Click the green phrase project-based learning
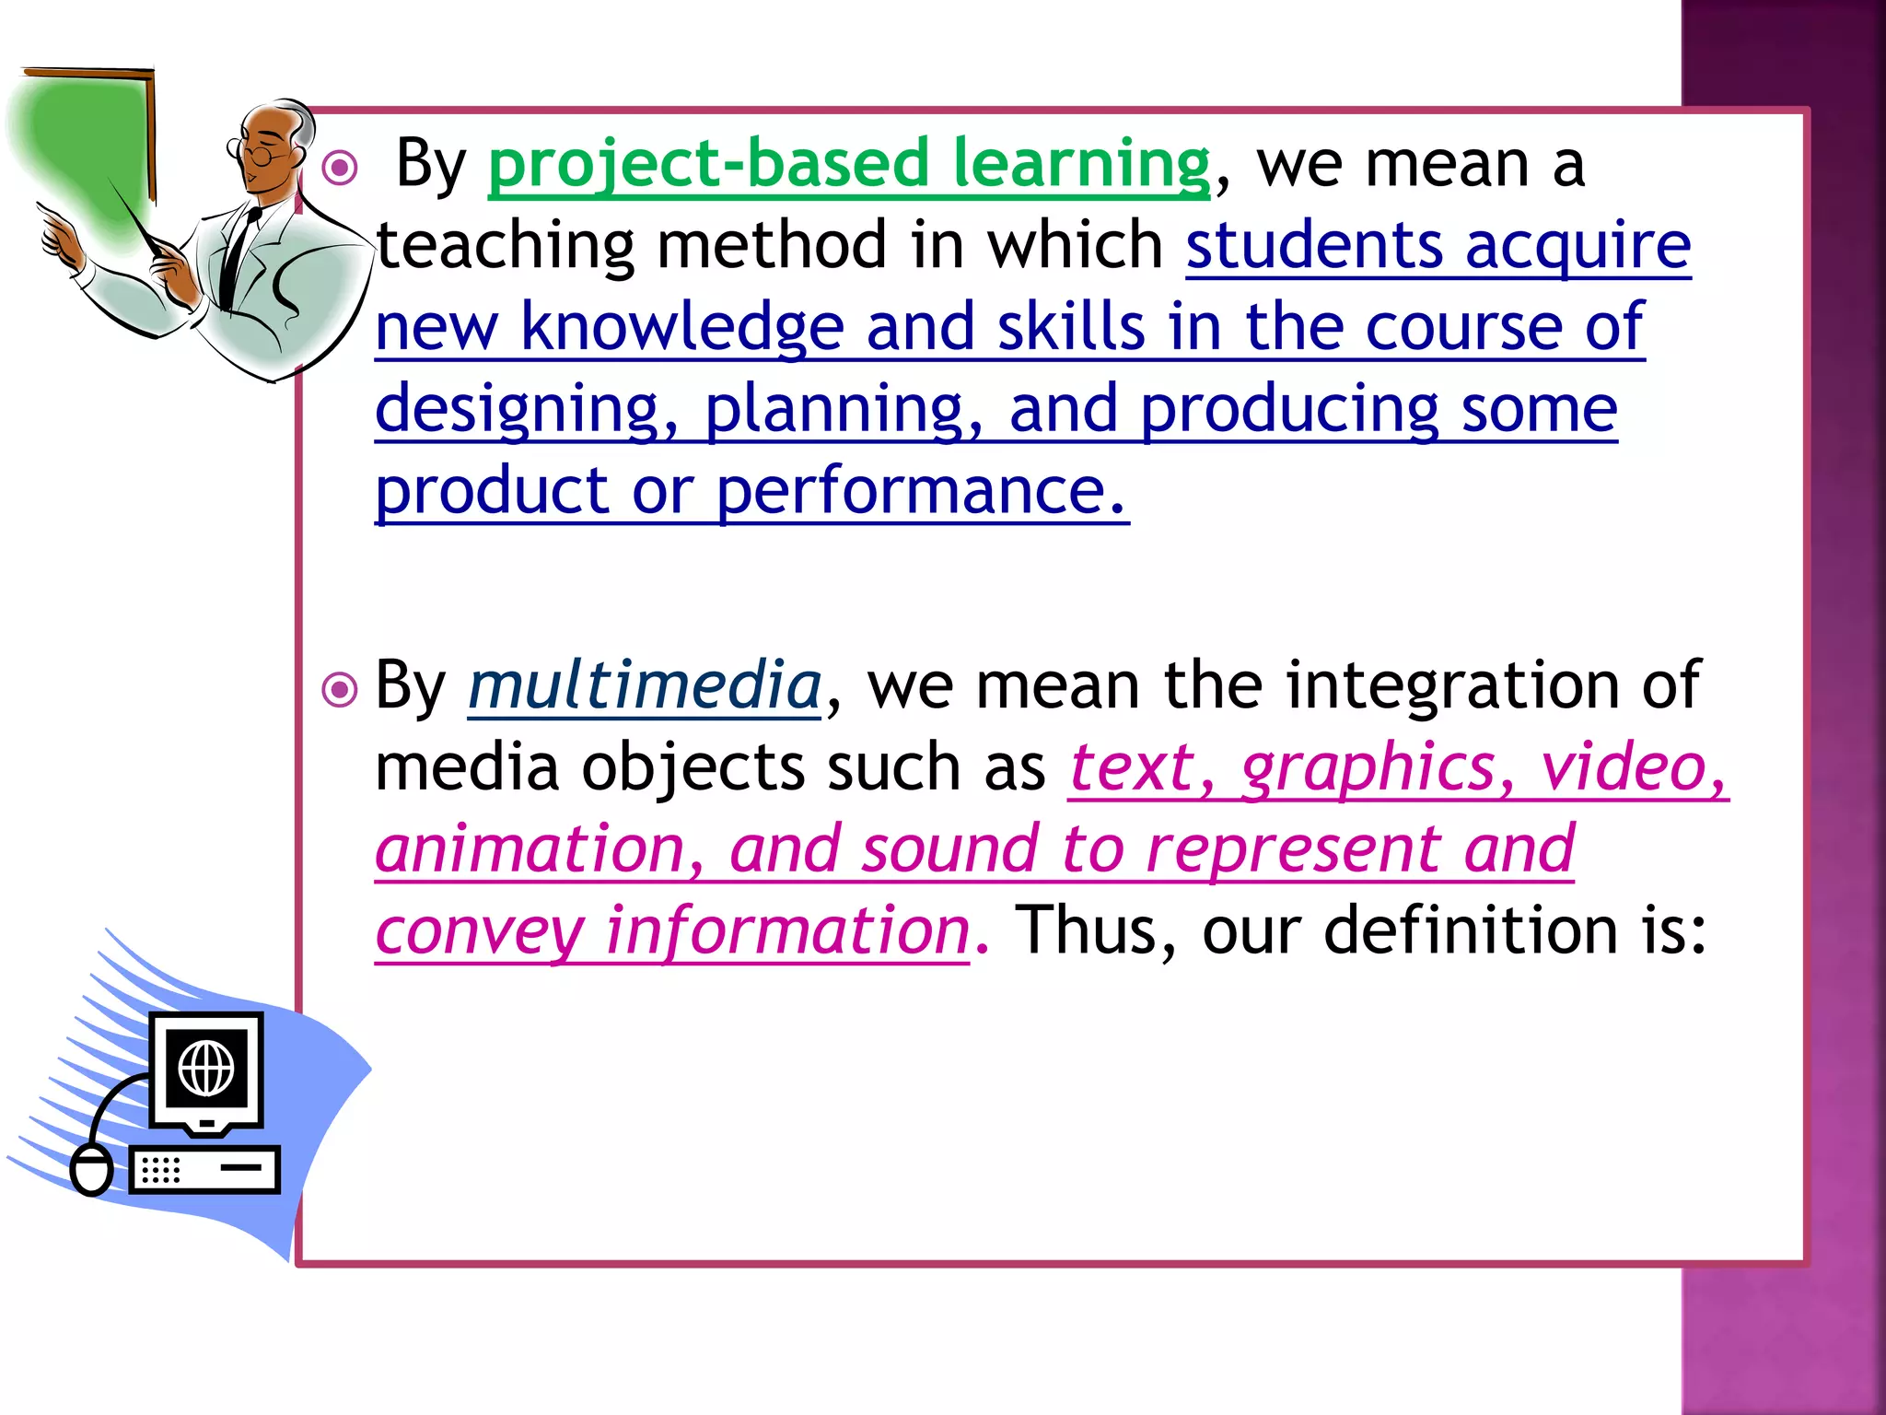coord(847,164)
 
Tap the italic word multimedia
coord(644,685)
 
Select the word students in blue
coord(1313,246)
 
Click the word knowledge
coord(681,327)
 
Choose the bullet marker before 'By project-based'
coord(341,168)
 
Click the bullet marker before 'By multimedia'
coord(341,689)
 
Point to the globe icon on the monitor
coord(206,1069)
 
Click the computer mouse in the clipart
coord(91,1170)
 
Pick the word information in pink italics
coord(786,930)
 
